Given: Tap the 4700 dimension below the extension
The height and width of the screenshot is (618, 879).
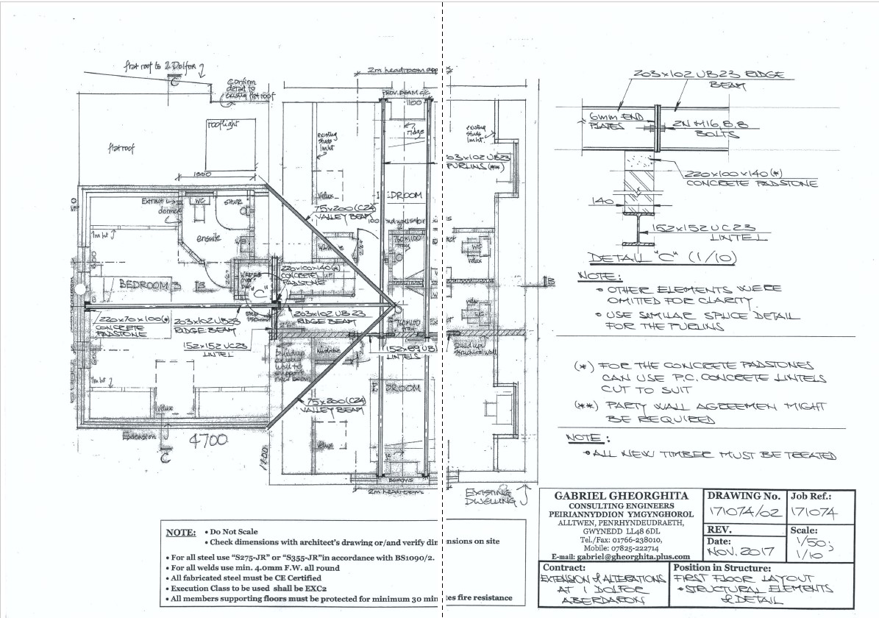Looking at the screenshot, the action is point(209,441).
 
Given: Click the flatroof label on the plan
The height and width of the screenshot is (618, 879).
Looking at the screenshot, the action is point(121,148).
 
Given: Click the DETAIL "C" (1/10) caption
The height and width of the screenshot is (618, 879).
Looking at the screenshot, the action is point(641,258).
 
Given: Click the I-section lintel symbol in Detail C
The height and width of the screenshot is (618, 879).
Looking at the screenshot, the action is point(637,227).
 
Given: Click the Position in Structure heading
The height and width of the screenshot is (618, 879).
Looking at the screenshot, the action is point(722,568).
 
